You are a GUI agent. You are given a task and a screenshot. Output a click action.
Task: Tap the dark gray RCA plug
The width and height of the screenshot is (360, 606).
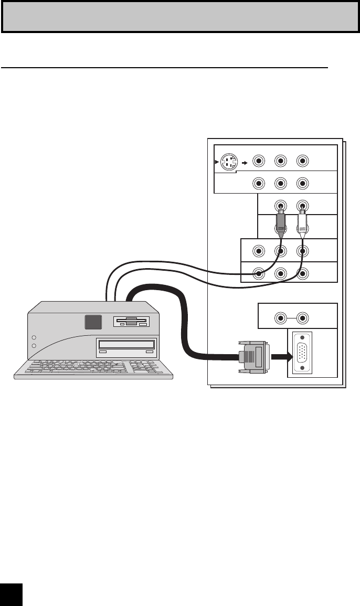[281, 223]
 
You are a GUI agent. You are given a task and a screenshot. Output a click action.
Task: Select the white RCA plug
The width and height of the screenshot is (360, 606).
[302, 223]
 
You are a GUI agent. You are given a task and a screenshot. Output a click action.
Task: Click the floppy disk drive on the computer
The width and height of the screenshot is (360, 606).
[132, 322]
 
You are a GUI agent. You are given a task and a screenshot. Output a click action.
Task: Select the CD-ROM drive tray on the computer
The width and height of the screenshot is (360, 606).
[126, 345]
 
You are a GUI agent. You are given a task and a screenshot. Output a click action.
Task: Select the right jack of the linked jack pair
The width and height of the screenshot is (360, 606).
[302, 317]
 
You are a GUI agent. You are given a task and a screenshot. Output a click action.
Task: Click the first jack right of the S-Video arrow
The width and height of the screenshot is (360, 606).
[258, 161]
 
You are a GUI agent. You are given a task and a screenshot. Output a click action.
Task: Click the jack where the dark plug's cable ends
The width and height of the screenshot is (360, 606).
[258, 273]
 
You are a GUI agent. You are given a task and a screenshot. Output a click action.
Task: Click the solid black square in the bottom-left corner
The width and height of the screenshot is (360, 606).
[11, 596]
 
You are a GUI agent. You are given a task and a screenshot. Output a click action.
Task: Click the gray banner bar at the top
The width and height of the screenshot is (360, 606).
[180, 16]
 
